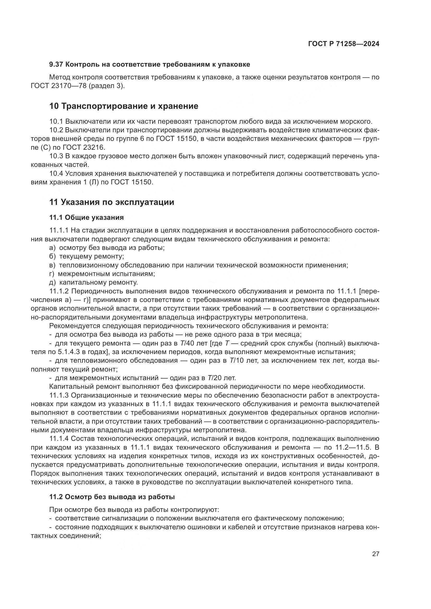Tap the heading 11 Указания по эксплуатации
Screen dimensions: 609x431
(112, 202)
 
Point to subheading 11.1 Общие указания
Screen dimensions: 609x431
(87, 217)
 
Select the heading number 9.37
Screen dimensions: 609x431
(56, 65)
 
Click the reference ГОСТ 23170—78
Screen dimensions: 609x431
(58, 86)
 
